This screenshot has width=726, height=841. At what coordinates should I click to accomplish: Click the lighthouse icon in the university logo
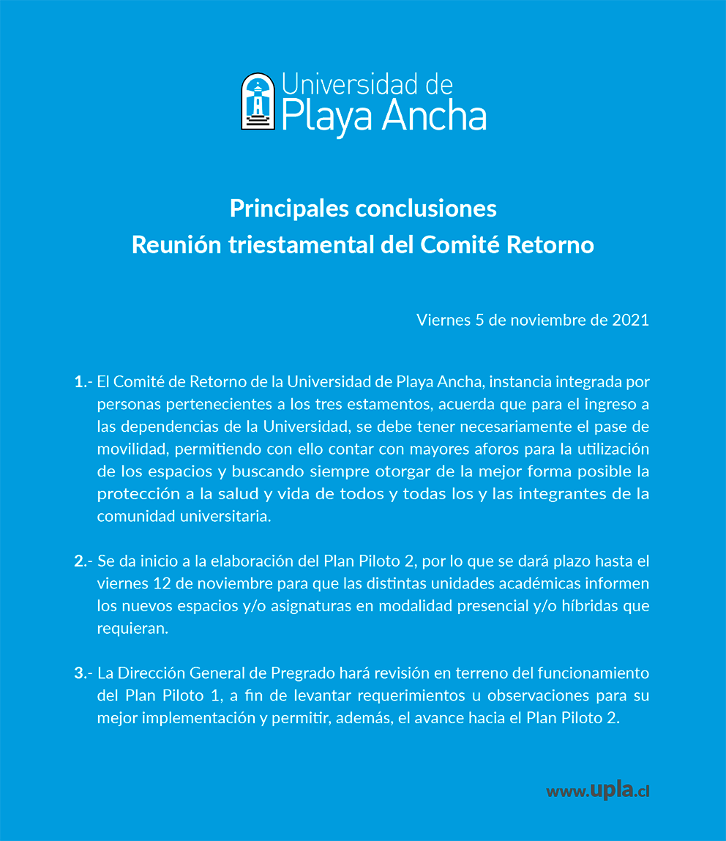pyautogui.click(x=258, y=102)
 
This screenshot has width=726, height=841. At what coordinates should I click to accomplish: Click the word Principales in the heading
pyautogui.click(x=288, y=209)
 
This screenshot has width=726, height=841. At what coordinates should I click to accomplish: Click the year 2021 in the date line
pyautogui.click(x=630, y=320)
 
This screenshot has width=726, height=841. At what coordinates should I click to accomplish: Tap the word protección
pyautogui.click(x=136, y=494)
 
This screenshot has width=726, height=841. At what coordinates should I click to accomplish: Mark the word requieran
pyautogui.click(x=132, y=629)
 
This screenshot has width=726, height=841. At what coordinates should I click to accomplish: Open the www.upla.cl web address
pyautogui.click(x=598, y=791)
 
